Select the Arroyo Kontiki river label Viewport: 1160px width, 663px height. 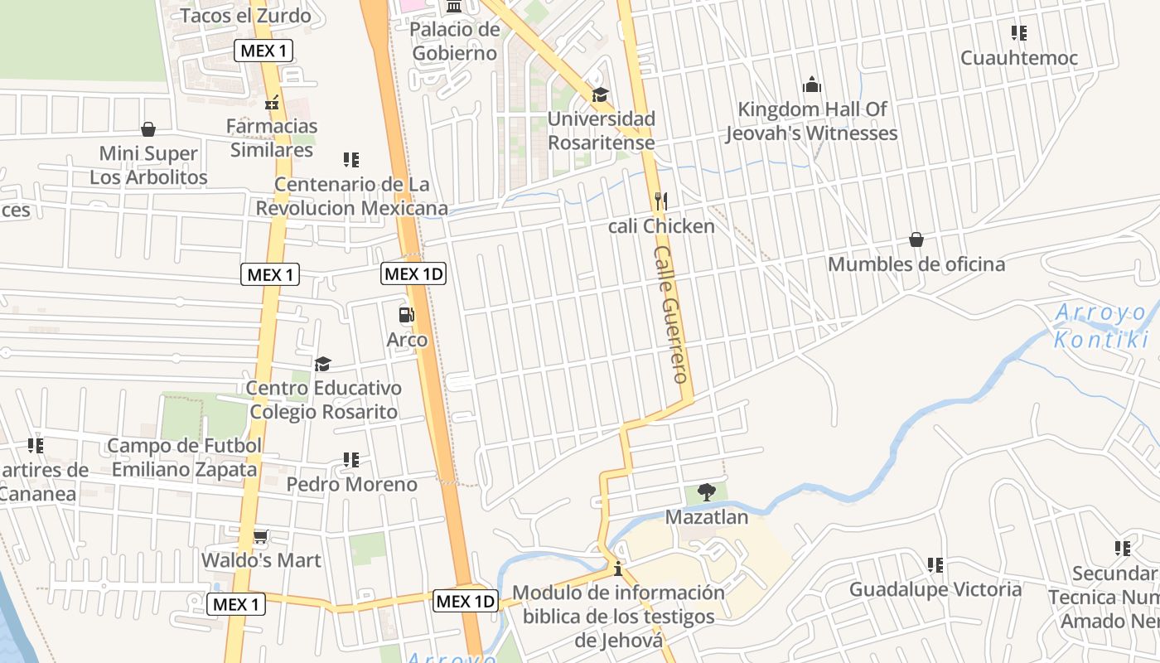click(1101, 327)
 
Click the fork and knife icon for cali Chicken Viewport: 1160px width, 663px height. click(660, 201)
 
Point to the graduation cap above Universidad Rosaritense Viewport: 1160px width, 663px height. click(600, 94)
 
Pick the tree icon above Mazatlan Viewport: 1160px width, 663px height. click(706, 493)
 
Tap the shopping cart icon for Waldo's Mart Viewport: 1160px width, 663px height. click(260, 537)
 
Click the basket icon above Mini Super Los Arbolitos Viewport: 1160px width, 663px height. click(148, 129)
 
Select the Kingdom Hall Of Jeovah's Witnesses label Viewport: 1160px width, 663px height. click(812, 121)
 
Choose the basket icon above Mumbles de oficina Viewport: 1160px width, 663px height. click(916, 240)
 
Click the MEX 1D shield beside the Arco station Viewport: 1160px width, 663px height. click(413, 273)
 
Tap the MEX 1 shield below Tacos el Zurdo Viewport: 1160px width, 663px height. click(263, 51)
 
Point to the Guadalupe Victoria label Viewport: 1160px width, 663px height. click(935, 589)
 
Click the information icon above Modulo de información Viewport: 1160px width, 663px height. click(617, 569)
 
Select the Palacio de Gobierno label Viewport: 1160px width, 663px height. click(455, 41)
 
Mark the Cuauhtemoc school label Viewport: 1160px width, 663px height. click(1018, 58)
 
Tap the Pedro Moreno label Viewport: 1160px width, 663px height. click(351, 484)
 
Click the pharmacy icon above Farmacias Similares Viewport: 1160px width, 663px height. click(272, 103)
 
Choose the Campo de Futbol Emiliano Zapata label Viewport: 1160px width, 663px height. click(184, 457)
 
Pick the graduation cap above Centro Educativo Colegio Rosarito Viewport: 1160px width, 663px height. click(322, 364)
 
